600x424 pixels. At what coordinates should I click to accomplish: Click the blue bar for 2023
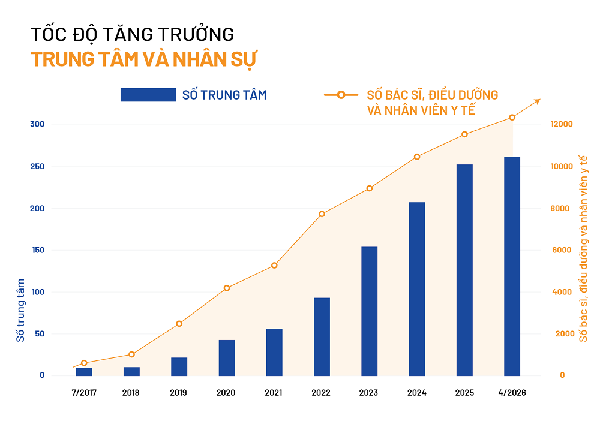click(x=369, y=311)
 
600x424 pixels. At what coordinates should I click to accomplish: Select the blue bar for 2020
click(x=227, y=357)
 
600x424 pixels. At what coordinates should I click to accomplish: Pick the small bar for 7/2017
click(x=84, y=372)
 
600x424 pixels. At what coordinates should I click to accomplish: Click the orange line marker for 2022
click(x=322, y=214)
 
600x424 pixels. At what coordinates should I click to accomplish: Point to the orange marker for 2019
click(x=179, y=324)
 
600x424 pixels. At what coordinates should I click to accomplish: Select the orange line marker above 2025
click(x=464, y=134)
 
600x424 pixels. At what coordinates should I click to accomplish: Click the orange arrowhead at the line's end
click(x=538, y=101)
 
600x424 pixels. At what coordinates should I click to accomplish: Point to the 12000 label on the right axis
click(x=562, y=124)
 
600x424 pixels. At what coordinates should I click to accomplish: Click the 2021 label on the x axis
click(x=274, y=393)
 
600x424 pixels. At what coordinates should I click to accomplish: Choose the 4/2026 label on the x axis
click(x=511, y=393)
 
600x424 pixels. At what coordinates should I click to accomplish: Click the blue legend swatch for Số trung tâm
click(x=148, y=95)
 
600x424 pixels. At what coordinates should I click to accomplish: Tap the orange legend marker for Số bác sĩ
click(x=341, y=95)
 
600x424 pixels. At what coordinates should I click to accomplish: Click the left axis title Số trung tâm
click(x=21, y=310)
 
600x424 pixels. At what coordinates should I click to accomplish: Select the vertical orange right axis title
click(x=582, y=246)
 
